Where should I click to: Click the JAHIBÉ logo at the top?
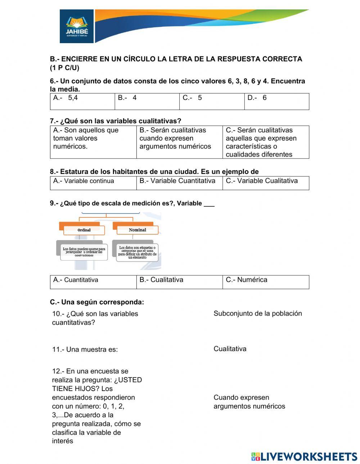point(77,27)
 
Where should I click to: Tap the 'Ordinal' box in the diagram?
point(84,230)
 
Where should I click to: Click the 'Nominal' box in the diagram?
point(137,230)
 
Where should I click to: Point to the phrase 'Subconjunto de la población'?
point(257,313)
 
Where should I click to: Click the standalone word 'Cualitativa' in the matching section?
point(230,349)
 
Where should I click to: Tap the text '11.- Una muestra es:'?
point(85,349)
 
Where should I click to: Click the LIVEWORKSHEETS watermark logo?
point(304,456)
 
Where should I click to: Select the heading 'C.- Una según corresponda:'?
point(97,302)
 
